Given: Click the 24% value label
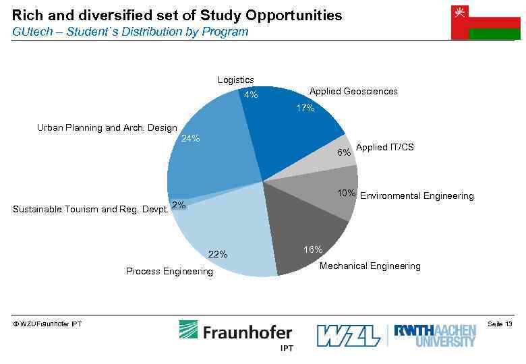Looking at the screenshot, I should (x=191, y=139).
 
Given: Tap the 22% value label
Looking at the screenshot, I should (x=218, y=255).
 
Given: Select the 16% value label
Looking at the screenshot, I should (x=313, y=250).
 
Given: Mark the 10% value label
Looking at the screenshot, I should (x=347, y=193).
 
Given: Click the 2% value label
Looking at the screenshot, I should (x=179, y=205).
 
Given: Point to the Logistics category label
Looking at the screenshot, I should (x=235, y=80).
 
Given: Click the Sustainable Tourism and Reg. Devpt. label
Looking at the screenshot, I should (x=90, y=210).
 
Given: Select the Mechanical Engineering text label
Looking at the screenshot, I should (x=370, y=266).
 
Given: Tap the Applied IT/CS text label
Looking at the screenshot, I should (x=384, y=147).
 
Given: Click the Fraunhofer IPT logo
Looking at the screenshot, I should (x=235, y=334).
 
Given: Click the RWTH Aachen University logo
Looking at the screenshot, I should (x=434, y=334).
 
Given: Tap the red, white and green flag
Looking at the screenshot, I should (x=485, y=22).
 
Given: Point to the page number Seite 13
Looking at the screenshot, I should (x=499, y=325).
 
